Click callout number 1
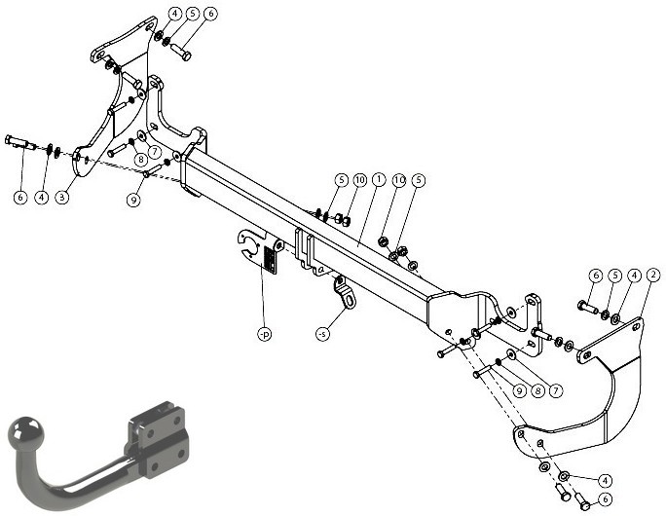point(378,180)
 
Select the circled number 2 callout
point(652,276)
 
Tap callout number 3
point(62,197)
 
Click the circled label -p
point(264,334)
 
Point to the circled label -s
point(323,334)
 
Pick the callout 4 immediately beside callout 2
point(634,276)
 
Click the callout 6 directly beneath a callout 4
point(606,499)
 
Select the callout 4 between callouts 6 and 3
point(41,197)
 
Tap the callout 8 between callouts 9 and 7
point(537,390)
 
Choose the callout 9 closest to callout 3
point(133,200)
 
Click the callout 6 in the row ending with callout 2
point(596,276)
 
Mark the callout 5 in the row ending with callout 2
point(614,276)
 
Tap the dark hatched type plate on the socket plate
point(270,260)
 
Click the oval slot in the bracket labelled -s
point(350,301)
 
